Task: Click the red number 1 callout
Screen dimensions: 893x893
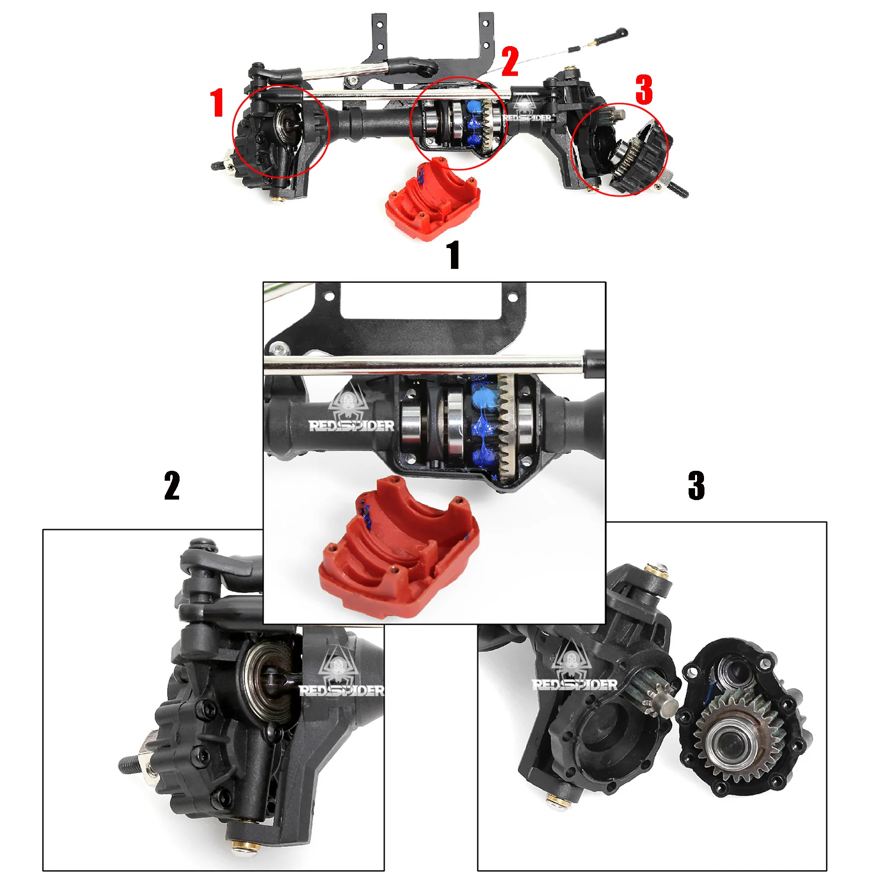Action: click(217, 103)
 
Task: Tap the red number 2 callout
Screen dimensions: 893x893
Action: click(510, 62)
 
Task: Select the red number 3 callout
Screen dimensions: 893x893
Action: click(644, 90)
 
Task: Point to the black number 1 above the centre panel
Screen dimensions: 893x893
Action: click(453, 255)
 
